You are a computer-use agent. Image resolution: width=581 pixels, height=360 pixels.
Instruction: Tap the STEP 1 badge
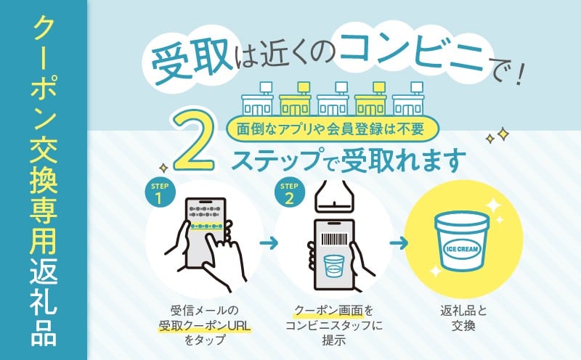pyautogui.click(x=160, y=193)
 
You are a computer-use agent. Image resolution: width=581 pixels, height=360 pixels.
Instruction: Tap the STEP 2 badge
pyautogui.click(x=289, y=193)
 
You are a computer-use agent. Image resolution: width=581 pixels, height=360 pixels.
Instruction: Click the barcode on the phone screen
pyautogui.click(x=334, y=240)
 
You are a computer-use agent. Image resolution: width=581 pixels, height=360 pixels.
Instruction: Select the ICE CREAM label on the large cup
pyautogui.click(x=461, y=249)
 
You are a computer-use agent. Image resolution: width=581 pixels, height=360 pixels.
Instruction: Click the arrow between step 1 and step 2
pyautogui.click(x=269, y=243)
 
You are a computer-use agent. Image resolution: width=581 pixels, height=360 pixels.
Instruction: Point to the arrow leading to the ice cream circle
pyautogui.click(x=399, y=243)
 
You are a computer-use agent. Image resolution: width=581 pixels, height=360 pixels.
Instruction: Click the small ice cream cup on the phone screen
pyautogui.click(x=334, y=265)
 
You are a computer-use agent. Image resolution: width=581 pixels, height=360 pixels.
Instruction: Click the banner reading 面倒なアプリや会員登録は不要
pyautogui.click(x=332, y=128)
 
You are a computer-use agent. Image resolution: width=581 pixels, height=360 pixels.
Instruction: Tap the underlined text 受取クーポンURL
pyautogui.click(x=205, y=327)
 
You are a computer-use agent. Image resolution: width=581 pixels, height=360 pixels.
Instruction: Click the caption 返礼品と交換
pyautogui.click(x=463, y=318)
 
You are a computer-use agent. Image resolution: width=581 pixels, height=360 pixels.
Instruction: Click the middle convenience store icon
pyautogui.click(x=333, y=99)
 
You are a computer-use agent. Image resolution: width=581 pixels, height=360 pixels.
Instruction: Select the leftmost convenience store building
pyautogui.click(x=257, y=99)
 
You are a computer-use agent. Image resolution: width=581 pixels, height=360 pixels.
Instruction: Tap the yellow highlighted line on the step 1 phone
pyautogui.click(x=206, y=226)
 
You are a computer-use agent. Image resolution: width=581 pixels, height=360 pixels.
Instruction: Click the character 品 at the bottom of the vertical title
pyautogui.click(x=44, y=333)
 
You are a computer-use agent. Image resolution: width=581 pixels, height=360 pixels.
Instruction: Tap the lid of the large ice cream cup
pyautogui.click(x=462, y=221)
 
